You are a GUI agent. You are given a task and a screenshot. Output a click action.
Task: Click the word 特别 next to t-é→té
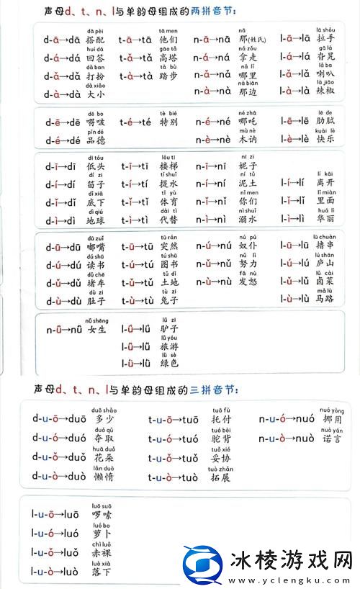[170, 123]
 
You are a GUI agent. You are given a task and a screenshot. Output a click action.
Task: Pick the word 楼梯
[170, 166]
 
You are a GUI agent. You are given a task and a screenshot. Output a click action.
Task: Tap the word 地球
[96, 220]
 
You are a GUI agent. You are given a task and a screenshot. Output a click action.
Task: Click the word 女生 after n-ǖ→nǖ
[96, 330]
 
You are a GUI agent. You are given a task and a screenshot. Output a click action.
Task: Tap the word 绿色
[170, 364]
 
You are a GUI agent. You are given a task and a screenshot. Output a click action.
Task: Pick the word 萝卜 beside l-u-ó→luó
[102, 534]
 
